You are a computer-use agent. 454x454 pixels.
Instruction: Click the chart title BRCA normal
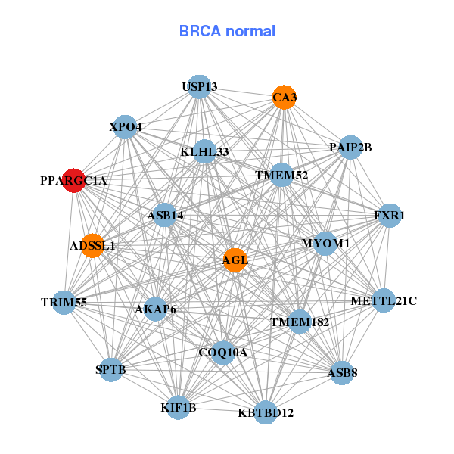227,31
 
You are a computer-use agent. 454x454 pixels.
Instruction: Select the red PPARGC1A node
73,181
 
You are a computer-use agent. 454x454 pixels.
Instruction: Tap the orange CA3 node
284,97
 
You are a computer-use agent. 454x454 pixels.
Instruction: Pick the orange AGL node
235,260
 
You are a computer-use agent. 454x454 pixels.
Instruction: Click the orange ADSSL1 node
92,245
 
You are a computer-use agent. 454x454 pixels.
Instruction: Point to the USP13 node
199,87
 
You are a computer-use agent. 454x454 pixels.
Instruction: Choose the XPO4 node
125,126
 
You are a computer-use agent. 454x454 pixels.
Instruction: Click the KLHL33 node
204,151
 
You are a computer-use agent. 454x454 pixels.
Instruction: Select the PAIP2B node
350,147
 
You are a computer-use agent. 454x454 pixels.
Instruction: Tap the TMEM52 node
281,175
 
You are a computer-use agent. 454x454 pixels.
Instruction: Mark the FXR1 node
390,216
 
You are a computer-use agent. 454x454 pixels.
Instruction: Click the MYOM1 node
325,243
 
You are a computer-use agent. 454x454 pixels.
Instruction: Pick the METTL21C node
384,300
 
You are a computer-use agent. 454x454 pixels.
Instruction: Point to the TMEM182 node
300,322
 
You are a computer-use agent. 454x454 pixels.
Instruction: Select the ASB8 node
342,372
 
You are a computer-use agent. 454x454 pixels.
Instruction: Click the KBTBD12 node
265,412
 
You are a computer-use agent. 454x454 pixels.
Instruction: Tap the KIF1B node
179,408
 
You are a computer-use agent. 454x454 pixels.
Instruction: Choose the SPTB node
111,369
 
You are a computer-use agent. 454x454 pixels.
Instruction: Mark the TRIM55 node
64,302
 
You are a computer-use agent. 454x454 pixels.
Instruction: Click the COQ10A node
222,352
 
